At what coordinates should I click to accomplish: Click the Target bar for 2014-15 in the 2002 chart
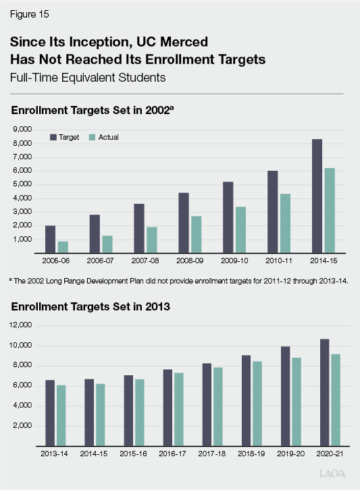[x=316, y=196]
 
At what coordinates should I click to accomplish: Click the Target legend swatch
[x=52, y=137]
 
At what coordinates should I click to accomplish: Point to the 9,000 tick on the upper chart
[x=22, y=129]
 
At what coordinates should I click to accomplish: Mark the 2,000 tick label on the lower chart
[x=22, y=426]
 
